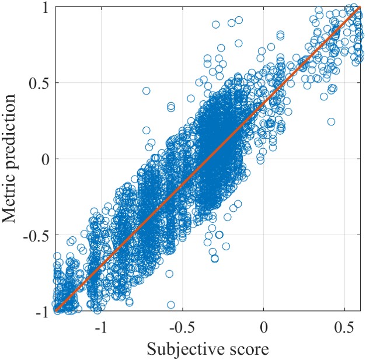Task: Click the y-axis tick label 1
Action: pos(44,8)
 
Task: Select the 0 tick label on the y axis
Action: pos(44,159)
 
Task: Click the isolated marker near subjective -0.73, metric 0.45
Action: pos(146,90)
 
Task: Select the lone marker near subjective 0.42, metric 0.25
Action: pos(331,121)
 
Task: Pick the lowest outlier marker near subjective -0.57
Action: pos(171,305)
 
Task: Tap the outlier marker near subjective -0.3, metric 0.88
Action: pos(215,25)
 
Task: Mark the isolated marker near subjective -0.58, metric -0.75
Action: pos(169,274)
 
